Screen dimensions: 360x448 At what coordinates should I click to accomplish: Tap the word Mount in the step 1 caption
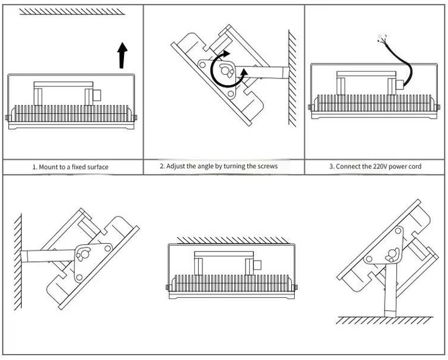click(50, 167)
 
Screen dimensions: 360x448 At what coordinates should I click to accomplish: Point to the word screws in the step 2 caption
click(266, 166)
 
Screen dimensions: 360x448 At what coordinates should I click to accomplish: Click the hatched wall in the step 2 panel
click(292, 78)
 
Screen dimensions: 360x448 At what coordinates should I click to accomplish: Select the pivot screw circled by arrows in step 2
click(227, 71)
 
